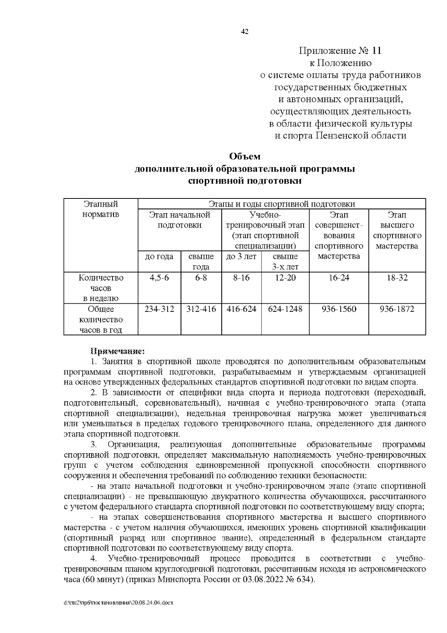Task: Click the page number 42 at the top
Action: point(245,32)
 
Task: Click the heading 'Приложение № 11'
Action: point(340,50)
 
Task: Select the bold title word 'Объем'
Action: point(245,156)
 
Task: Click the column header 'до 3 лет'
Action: point(241,257)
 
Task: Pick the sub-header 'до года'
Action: point(159,257)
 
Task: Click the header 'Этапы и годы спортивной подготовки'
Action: point(282,204)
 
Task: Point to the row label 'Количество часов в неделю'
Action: point(101,288)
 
